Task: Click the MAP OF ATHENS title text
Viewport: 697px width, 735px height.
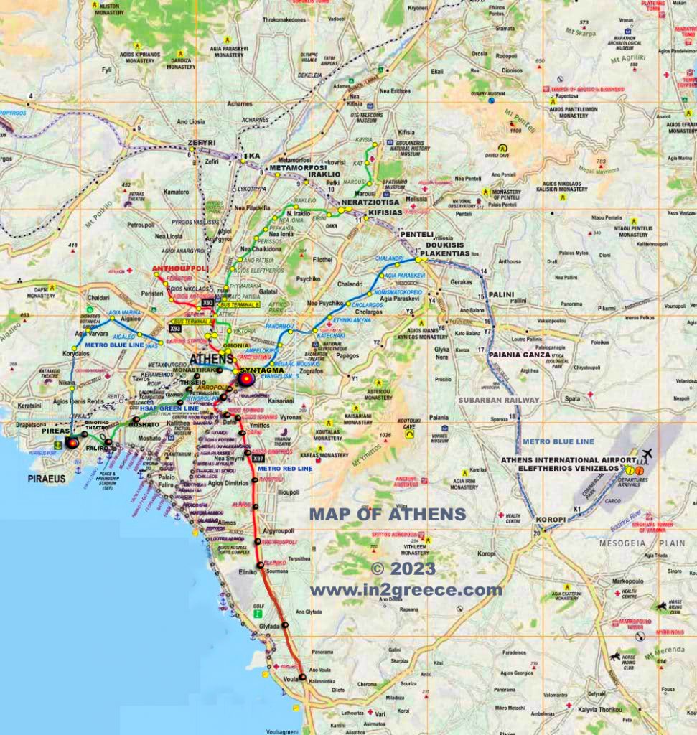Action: pyautogui.click(x=387, y=514)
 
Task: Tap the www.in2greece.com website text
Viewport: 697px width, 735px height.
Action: pyautogui.click(x=406, y=590)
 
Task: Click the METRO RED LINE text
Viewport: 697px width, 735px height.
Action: pyautogui.click(x=285, y=468)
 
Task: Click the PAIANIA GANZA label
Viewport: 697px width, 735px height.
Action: pyautogui.click(x=519, y=355)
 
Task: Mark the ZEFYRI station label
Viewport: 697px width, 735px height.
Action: pyautogui.click(x=202, y=144)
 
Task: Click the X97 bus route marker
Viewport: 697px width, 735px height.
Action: pyautogui.click(x=258, y=458)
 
